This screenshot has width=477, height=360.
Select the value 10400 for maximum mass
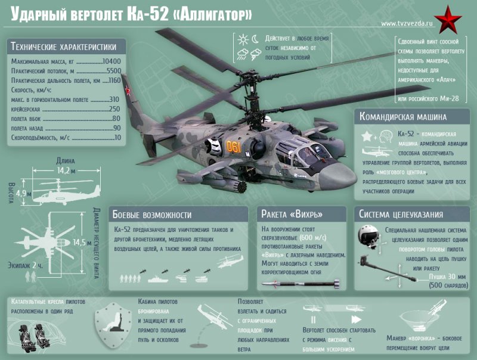(111, 61)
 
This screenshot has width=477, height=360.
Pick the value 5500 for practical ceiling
(113, 70)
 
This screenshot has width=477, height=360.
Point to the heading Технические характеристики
(64, 47)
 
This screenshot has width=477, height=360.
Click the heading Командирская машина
(403, 117)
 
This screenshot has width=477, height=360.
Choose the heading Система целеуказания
(400, 215)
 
